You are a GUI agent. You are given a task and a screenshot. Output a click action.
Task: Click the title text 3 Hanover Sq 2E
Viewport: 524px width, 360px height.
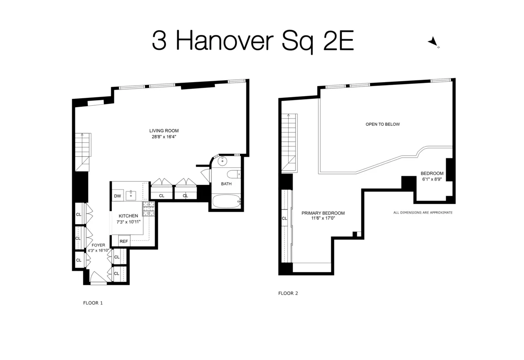point(252,41)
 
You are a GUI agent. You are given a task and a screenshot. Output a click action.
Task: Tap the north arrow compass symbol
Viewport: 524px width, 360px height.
point(433,42)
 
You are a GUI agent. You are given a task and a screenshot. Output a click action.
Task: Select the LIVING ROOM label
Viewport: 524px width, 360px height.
point(164,131)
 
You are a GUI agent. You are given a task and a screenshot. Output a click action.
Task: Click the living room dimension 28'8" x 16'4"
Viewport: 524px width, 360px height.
point(164,137)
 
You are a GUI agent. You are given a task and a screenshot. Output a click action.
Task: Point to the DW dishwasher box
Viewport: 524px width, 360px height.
point(117,196)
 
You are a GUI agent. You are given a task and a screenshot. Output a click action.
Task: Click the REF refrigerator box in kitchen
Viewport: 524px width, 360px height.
point(124,241)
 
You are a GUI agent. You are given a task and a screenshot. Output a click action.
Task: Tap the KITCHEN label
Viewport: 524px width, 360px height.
point(128,216)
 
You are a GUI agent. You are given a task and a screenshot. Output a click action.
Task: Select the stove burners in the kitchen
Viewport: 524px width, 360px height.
point(148,209)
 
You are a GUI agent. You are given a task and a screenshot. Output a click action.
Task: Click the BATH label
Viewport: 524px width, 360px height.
point(226,184)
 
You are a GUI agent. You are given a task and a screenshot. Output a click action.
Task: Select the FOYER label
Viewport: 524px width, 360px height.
point(98,245)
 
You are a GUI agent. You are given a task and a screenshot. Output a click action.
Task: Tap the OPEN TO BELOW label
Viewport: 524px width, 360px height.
point(383,125)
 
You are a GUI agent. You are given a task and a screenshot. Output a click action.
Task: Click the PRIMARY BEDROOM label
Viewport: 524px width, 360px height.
point(323,213)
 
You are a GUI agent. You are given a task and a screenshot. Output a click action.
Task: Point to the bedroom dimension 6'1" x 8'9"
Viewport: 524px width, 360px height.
point(432,179)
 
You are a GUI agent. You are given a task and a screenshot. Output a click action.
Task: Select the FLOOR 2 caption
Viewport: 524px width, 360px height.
point(288,293)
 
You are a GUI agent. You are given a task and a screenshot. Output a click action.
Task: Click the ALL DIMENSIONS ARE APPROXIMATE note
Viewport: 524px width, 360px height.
point(423,212)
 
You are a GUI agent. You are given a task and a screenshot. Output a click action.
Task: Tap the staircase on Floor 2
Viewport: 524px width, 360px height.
point(289,142)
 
